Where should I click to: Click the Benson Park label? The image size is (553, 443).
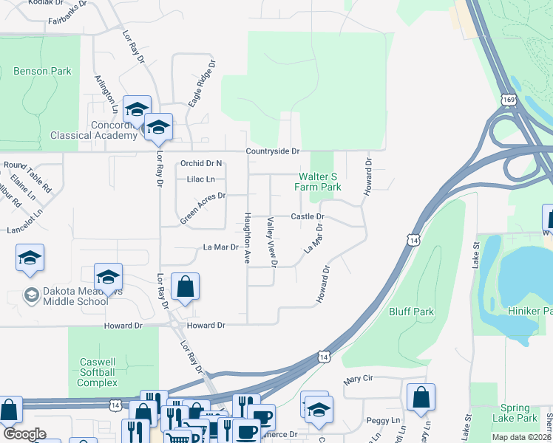[42, 72]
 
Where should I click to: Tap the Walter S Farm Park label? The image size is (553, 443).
[319, 182]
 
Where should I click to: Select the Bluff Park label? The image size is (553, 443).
[411, 312]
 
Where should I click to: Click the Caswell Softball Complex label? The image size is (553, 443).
[98, 372]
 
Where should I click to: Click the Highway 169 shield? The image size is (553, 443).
[508, 99]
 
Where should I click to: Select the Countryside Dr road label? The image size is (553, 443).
[274, 151]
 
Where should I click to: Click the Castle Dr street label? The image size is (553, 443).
[308, 216]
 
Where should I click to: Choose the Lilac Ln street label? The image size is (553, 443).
[200, 179]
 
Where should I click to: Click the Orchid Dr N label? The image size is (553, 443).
[201, 163]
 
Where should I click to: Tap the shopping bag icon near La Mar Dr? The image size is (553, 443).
[185, 286]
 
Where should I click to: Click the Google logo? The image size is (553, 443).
[24, 434]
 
